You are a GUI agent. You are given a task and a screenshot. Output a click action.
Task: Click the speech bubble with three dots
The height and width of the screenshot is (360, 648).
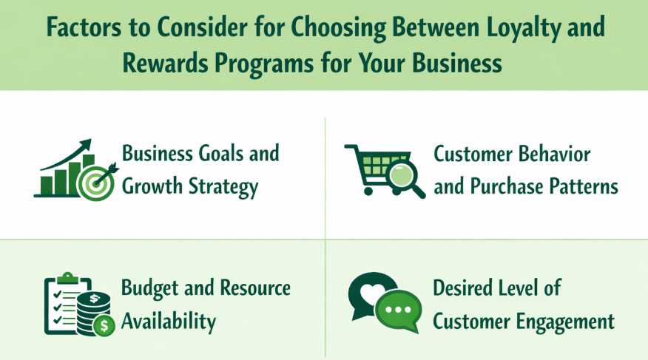397,310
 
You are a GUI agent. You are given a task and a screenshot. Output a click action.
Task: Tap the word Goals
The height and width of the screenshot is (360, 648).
215,154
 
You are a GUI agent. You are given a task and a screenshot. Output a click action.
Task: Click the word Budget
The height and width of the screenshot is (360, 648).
151,288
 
